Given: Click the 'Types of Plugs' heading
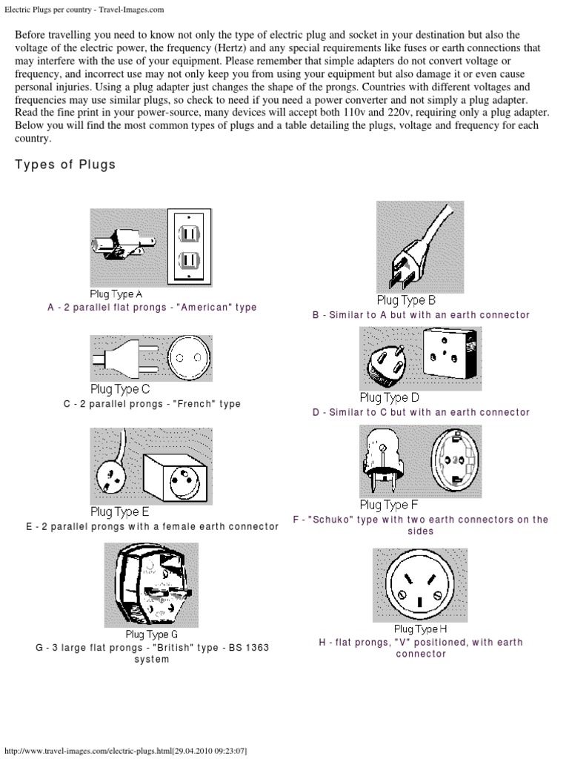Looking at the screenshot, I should point(65,165).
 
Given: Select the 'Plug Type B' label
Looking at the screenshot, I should point(406,300).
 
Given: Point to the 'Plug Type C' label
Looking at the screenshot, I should point(120,388).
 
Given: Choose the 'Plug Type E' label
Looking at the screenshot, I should point(120,511).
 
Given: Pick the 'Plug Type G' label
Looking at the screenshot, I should point(151,634).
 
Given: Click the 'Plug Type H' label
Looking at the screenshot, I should point(420,629).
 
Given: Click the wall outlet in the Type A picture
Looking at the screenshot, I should point(188,245).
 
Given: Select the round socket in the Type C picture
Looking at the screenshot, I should point(188,359).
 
